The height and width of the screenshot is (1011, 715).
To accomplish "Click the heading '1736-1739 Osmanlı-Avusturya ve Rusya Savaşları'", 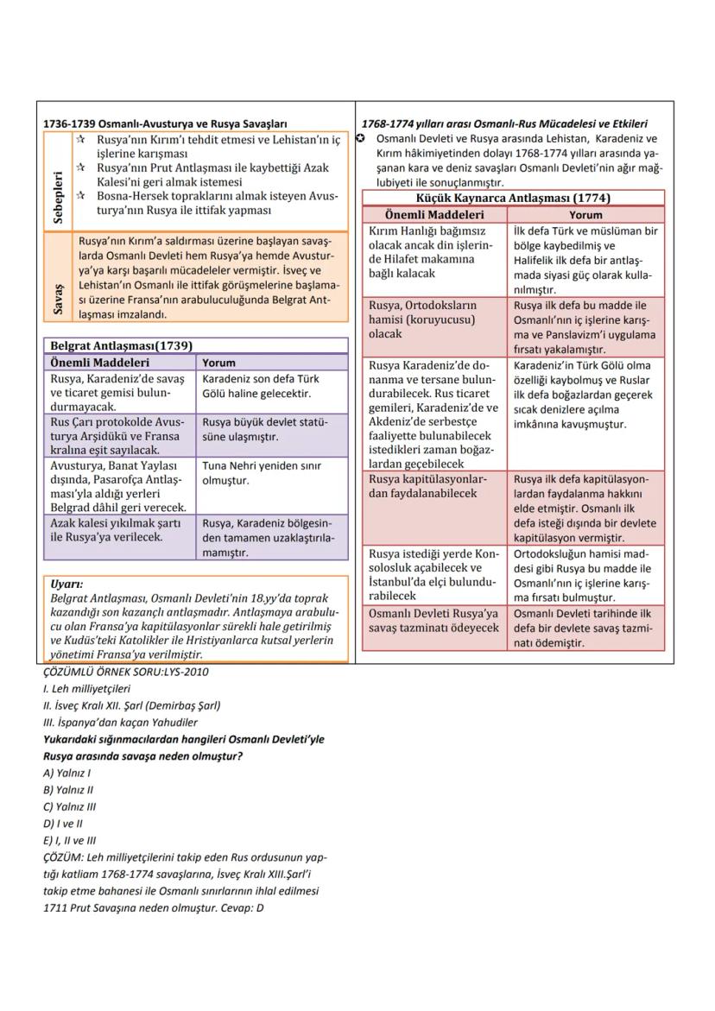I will [165, 124].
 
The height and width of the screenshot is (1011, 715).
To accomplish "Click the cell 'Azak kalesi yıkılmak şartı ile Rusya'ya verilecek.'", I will [119, 530].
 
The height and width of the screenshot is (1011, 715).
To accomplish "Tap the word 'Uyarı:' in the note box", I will [66, 584].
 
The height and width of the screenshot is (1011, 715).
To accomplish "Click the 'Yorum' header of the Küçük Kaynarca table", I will [585, 214].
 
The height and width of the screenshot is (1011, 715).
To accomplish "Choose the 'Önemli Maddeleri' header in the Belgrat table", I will [99, 363].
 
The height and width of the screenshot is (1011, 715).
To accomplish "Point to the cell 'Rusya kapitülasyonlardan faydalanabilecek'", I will [428, 486].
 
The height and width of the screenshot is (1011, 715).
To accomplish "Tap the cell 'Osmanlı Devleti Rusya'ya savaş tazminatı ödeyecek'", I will [433, 620].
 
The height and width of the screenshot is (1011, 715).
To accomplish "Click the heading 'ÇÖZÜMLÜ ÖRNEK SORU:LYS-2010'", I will [125, 672].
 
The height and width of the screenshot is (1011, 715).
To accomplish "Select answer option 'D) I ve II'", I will [63, 824].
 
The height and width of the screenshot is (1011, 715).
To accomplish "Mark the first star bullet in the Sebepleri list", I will [80, 139].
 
